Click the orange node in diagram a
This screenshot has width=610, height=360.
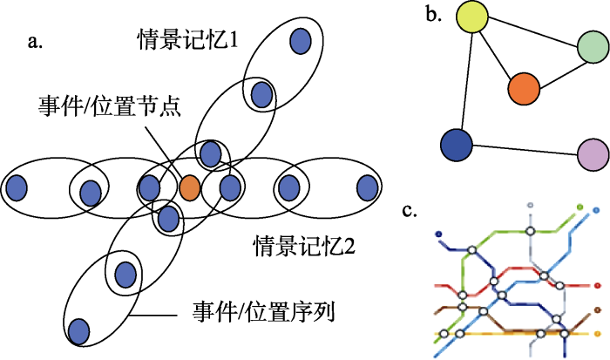191,187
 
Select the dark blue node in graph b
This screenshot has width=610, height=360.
456,144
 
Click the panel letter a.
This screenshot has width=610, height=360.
35,40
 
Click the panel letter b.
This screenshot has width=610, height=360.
431,12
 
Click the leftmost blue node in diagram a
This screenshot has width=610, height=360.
16,187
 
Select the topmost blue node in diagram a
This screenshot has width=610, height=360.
301,40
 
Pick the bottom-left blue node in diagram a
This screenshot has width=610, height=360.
79,330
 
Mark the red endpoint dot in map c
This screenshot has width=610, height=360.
597,285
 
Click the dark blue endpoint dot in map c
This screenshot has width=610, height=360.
438,234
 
